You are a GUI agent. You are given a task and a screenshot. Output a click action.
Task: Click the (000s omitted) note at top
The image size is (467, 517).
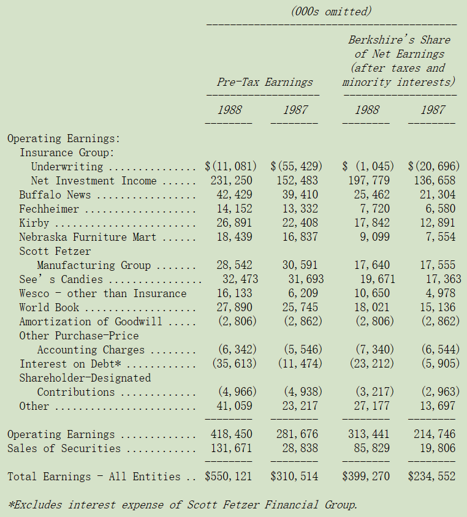331,12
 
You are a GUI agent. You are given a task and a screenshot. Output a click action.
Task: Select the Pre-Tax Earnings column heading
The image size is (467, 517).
265,81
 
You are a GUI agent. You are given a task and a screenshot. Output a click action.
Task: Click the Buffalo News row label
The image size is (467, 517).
55,195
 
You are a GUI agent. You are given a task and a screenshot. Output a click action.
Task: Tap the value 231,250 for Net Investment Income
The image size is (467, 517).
232,180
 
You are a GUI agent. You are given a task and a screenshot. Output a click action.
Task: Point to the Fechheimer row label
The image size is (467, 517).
49,209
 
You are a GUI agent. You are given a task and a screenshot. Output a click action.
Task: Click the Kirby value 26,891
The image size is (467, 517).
234,222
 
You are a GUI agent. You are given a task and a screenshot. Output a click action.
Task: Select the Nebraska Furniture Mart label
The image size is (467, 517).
88,236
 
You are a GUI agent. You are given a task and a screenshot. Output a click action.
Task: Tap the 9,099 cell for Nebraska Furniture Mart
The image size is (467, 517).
374,236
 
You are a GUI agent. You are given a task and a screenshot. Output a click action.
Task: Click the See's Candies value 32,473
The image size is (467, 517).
240,279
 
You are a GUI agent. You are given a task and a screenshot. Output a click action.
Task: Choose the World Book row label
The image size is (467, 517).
49,308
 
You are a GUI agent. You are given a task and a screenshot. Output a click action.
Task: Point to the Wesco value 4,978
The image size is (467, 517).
441,293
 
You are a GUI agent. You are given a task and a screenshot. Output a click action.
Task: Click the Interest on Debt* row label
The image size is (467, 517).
70,364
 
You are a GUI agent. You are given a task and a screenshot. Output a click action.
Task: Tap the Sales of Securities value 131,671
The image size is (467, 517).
232,448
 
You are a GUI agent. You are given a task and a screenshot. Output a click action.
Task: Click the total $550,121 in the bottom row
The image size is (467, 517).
228,477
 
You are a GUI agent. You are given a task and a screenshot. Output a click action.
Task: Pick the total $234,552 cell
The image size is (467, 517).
431,477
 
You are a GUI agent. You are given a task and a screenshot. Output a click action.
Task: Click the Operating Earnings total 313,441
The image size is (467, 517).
369,434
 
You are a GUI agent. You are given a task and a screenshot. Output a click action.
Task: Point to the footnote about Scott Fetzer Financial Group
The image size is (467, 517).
183,505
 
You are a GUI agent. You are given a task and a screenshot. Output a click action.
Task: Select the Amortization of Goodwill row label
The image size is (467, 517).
90,322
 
